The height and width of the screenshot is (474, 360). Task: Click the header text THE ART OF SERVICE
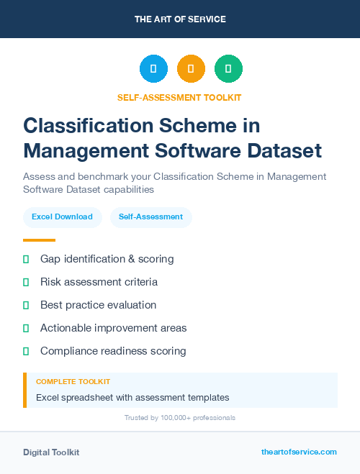click(180, 19)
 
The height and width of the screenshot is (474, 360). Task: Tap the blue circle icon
click(153, 69)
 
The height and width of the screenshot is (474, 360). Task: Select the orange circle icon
click(191, 69)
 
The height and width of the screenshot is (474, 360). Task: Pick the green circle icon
click(228, 69)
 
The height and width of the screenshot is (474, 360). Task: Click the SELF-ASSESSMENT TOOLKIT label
click(179, 98)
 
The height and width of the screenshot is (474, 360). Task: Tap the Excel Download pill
click(62, 217)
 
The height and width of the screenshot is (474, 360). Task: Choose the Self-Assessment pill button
click(150, 217)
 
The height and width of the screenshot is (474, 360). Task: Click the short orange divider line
click(39, 240)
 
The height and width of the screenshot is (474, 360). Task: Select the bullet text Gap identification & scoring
click(107, 259)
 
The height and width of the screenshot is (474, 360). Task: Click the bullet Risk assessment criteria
click(99, 282)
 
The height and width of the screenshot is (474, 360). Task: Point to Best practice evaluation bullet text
click(98, 305)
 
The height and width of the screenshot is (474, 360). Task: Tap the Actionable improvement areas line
click(113, 328)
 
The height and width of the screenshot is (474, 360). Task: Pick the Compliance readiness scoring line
click(113, 351)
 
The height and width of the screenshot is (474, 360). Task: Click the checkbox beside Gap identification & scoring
click(26, 259)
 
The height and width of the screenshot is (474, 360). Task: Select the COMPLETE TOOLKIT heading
click(73, 382)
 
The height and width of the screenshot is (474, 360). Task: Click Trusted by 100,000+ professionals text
click(180, 418)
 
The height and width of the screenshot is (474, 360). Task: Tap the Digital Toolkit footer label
click(51, 452)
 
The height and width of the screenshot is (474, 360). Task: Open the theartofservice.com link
click(299, 452)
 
